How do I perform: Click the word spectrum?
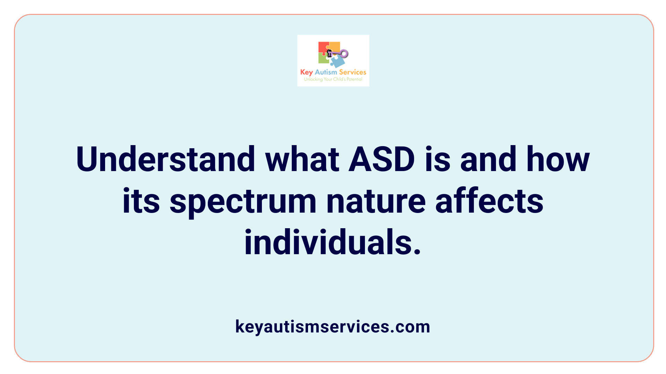(243, 202)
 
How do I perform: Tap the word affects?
(489, 202)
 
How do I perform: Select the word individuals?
(332, 242)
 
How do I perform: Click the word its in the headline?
(141, 202)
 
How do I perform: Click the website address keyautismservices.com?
(333, 327)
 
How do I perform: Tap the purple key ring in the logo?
(343, 54)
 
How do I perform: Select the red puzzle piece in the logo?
(323, 48)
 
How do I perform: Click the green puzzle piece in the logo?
(323, 59)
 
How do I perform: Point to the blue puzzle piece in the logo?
(337, 62)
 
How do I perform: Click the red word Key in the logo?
(306, 72)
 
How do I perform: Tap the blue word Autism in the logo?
(326, 72)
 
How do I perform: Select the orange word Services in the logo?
(352, 72)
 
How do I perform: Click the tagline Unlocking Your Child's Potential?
(333, 79)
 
